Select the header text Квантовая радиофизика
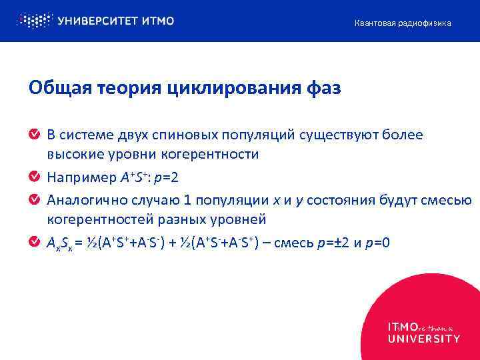(x=402, y=23)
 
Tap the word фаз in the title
(x=321, y=88)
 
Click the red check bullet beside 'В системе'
(x=34, y=135)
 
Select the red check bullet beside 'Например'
(x=34, y=178)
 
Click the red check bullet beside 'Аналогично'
(x=34, y=199)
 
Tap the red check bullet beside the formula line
(x=34, y=242)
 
